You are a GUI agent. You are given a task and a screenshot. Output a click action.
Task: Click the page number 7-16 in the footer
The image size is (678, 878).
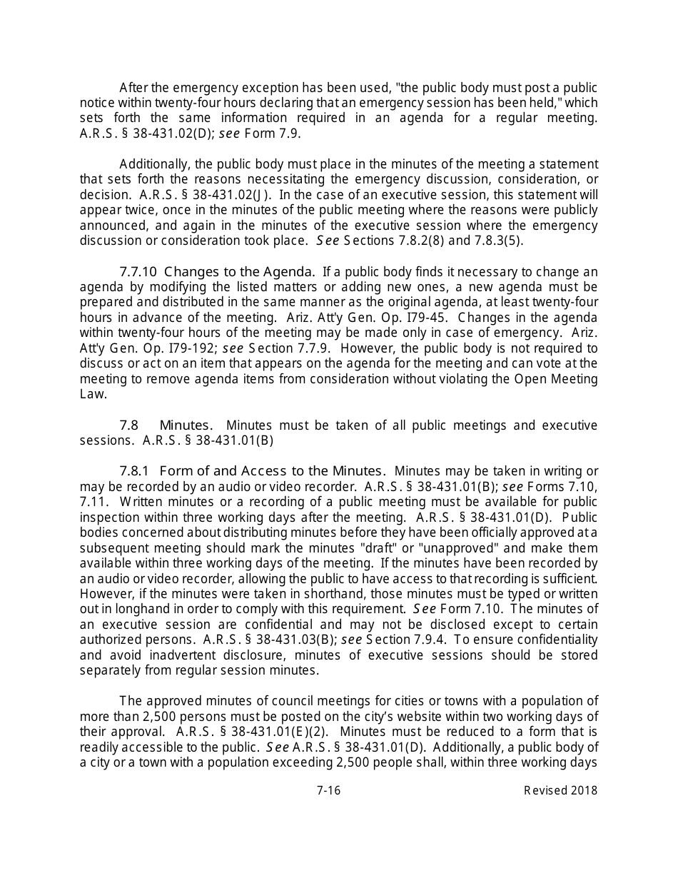point(328,790)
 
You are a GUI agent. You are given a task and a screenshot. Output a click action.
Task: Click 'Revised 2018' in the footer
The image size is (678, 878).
point(560,790)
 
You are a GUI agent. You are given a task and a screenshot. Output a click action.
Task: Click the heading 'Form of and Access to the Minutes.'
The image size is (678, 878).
point(273,471)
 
